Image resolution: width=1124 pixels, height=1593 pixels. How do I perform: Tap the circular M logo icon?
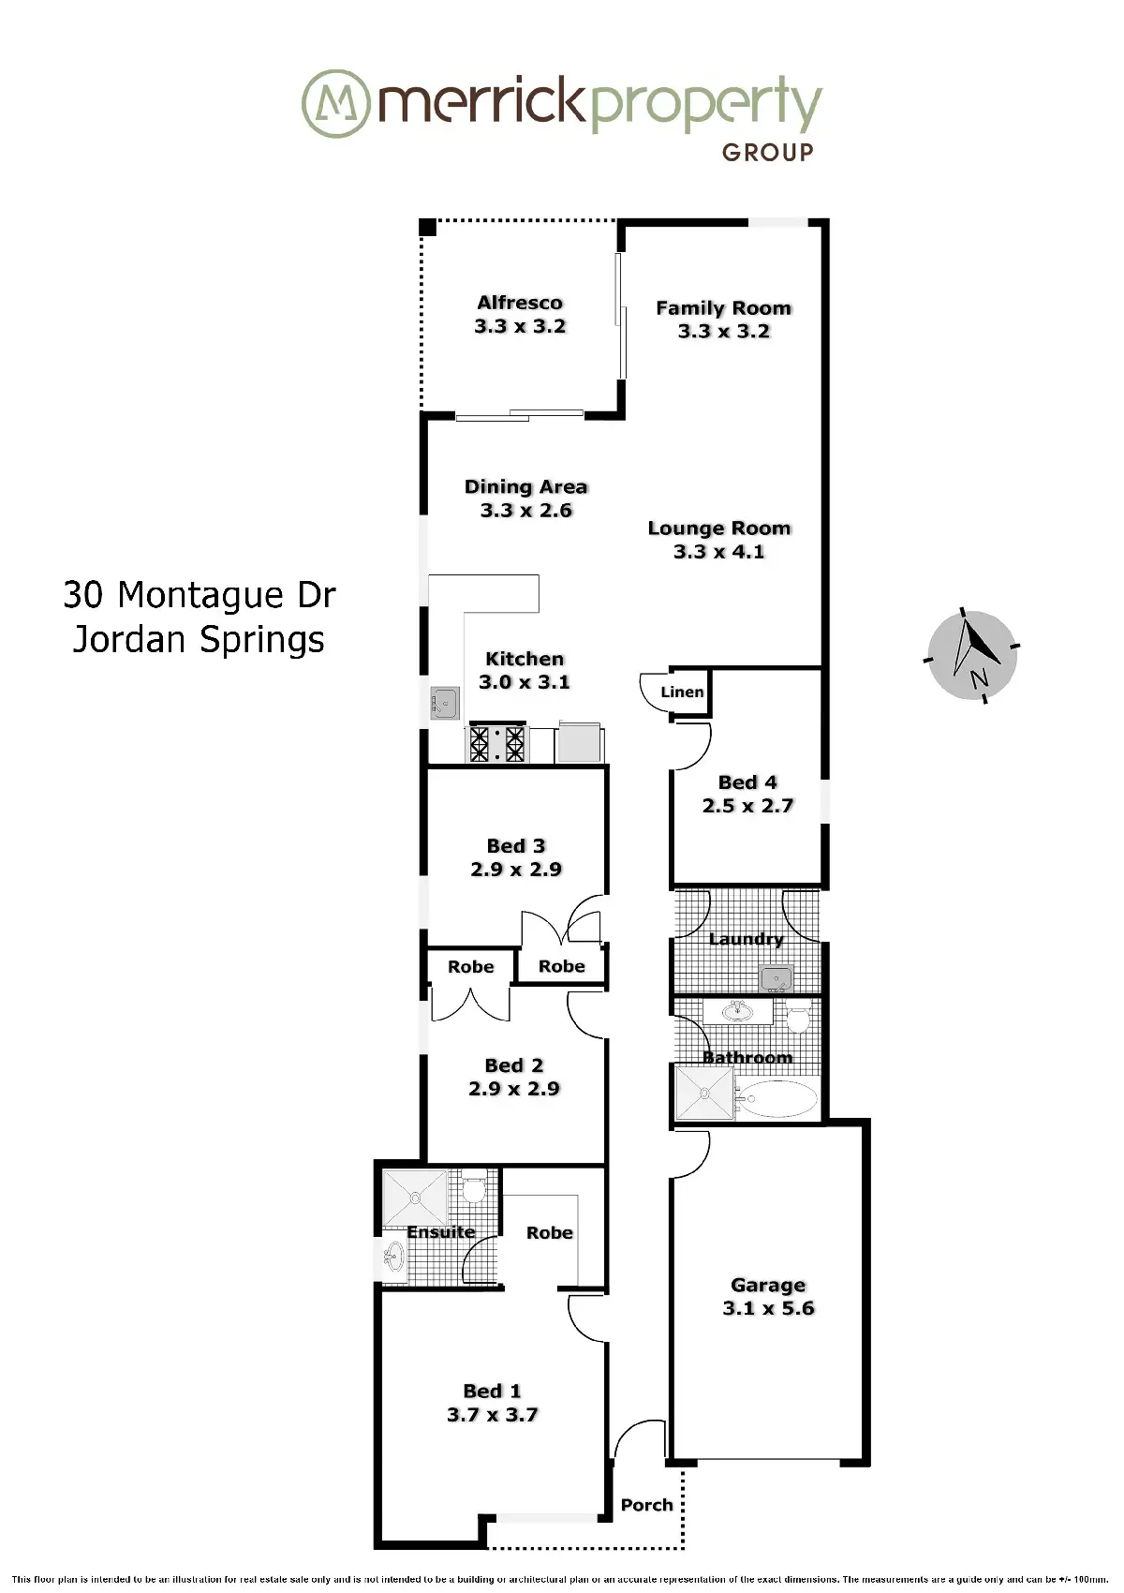(x=335, y=103)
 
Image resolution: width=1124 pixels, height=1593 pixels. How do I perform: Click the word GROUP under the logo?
(x=767, y=152)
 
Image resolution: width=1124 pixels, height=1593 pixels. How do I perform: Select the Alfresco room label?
(x=520, y=303)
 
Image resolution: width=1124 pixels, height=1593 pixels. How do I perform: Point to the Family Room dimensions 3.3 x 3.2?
(x=724, y=332)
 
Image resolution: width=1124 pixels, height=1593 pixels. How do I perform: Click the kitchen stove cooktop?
(x=497, y=744)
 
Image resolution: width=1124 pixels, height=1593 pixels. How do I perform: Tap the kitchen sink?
(x=445, y=702)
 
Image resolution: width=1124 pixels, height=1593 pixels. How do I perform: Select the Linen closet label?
(x=682, y=692)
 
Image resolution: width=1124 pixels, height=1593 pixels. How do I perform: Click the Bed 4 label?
(x=747, y=782)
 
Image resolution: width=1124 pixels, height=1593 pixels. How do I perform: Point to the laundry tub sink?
(x=776, y=978)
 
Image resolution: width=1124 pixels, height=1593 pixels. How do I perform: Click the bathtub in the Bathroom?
(x=776, y=1099)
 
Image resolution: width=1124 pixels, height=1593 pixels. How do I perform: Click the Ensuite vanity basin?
(x=393, y=1256)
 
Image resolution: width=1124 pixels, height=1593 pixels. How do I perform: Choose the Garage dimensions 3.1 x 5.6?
(x=768, y=1308)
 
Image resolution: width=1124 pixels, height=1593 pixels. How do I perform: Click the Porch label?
(x=647, y=1505)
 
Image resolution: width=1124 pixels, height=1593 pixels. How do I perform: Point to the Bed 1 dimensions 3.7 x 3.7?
(x=493, y=1415)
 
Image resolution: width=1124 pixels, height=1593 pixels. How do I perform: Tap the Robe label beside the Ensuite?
(x=549, y=1233)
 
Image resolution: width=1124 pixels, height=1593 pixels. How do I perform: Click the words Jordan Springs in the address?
(x=199, y=639)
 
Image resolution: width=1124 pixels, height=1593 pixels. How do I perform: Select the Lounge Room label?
(x=719, y=529)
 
